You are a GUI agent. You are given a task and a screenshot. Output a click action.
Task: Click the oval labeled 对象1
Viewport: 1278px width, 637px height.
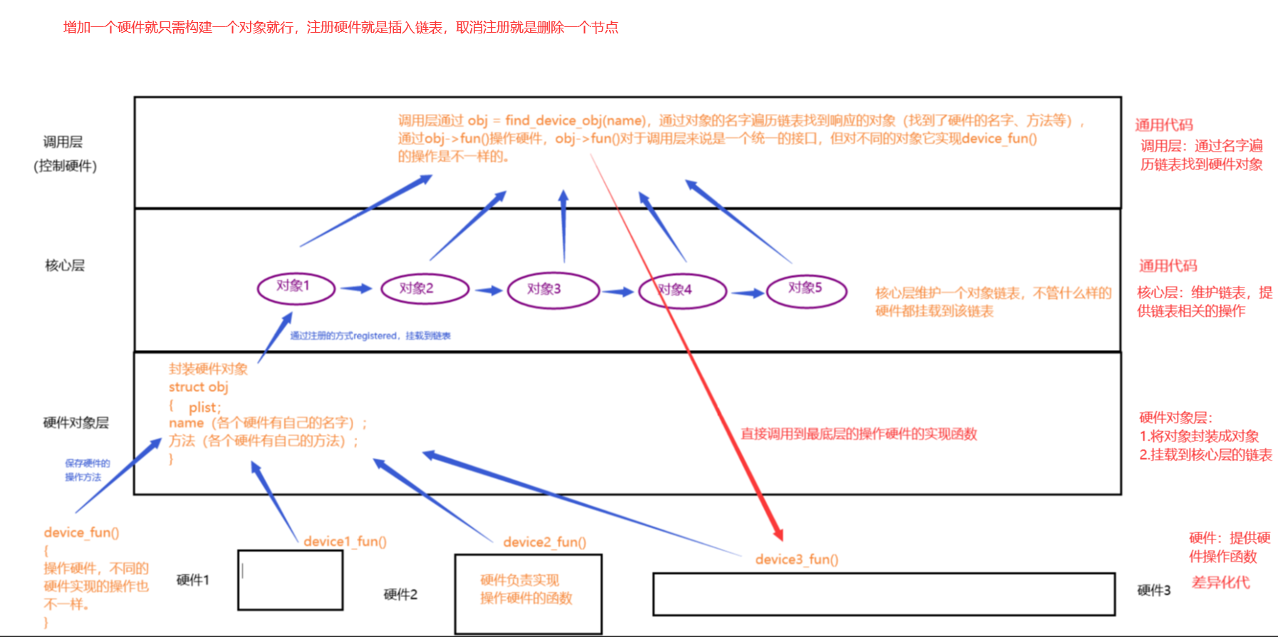click(296, 288)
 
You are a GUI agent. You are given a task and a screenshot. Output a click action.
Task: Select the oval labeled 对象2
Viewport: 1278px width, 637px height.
click(425, 289)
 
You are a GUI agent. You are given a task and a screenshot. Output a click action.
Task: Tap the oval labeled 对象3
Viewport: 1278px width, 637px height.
click(553, 290)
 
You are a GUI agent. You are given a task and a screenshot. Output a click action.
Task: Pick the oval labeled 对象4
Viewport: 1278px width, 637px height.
click(682, 291)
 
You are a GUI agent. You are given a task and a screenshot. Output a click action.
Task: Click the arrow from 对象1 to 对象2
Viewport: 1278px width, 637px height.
click(355, 288)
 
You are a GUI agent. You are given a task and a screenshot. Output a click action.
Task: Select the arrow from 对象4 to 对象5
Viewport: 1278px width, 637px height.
click(747, 293)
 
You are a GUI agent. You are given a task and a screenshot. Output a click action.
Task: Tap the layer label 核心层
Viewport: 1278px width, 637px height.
click(65, 265)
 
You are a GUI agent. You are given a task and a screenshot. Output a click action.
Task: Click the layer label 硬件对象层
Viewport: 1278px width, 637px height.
click(76, 423)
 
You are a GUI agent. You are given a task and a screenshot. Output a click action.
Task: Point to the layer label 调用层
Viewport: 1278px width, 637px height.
click(63, 142)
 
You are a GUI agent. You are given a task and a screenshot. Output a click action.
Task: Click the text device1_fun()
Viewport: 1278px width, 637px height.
click(345, 542)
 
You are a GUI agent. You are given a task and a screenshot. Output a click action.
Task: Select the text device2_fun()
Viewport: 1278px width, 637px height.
click(544, 542)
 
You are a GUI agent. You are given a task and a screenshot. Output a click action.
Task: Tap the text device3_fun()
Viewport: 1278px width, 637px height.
click(796, 559)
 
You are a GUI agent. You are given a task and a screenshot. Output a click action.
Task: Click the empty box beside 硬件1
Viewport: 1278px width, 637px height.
click(290, 580)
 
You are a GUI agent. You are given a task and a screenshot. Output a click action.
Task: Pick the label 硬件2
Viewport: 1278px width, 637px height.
click(400, 594)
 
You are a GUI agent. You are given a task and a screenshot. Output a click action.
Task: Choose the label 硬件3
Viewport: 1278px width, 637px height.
click(1153, 590)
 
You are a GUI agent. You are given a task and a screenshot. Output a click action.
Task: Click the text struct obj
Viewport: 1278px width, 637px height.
click(198, 387)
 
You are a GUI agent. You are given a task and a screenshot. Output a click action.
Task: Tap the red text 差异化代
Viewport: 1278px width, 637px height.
click(1220, 582)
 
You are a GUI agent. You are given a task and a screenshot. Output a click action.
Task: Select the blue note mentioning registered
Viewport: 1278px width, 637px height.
click(370, 336)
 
